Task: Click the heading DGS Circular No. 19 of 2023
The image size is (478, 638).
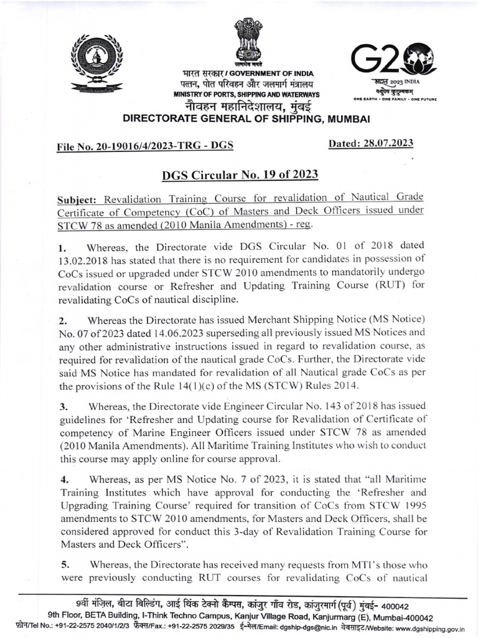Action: [240, 174]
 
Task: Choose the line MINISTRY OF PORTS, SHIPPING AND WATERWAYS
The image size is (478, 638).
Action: [246, 94]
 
